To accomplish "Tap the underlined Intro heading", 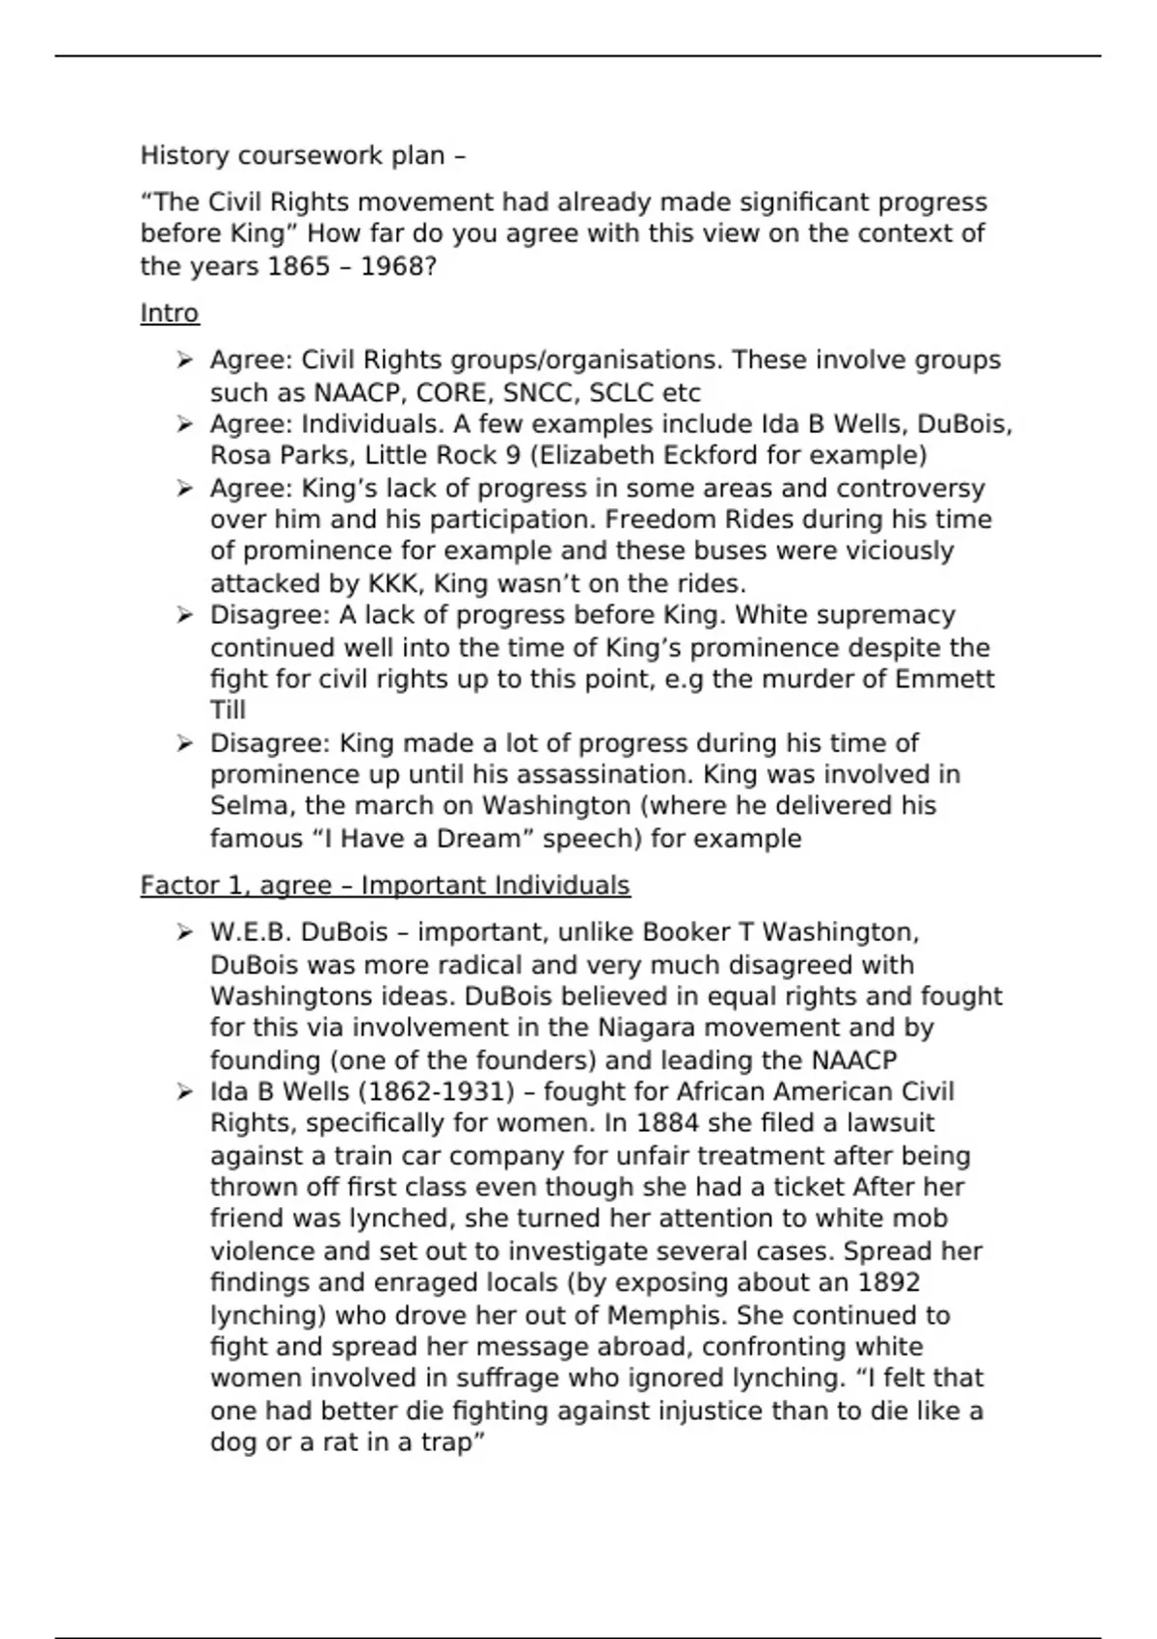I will click(x=170, y=313).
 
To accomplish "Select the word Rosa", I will click(x=238, y=455).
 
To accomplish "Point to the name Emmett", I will click(x=945, y=679).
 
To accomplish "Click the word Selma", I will click(x=246, y=805).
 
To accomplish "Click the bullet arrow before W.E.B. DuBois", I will click(x=184, y=932).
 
